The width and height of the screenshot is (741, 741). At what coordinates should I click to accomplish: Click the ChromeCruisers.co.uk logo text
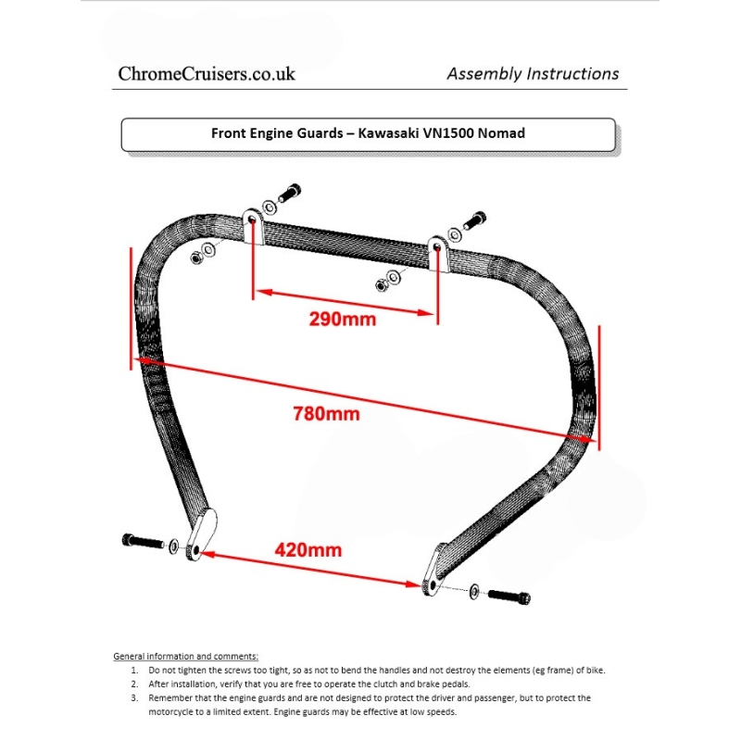pyautogui.click(x=207, y=74)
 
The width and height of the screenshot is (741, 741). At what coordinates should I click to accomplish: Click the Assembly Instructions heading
pyautogui.click(x=533, y=74)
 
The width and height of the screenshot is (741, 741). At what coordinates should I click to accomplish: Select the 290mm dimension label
pyautogui.click(x=342, y=320)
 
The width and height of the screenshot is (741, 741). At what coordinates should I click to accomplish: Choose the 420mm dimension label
pyautogui.click(x=308, y=549)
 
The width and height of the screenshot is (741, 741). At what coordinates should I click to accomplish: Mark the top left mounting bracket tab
pyautogui.click(x=253, y=226)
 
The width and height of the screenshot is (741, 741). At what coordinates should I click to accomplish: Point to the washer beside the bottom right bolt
pyautogui.click(x=474, y=590)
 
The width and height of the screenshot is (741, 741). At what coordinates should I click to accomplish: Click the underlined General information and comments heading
pyautogui.click(x=185, y=656)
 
